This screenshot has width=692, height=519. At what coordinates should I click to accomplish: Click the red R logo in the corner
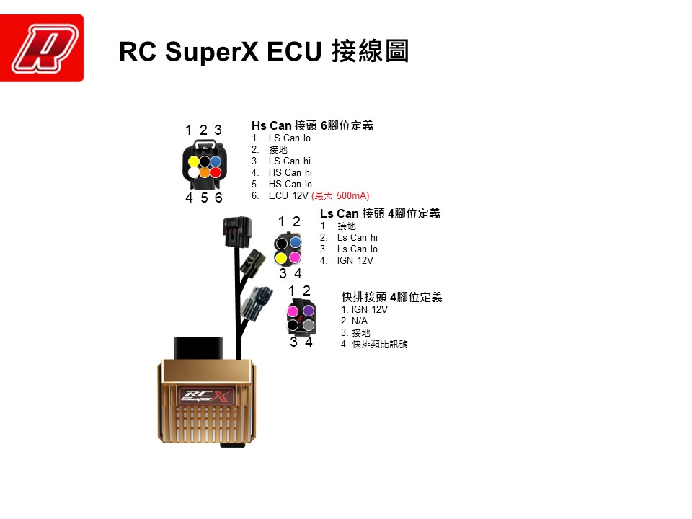pyautogui.click(x=42, y=48)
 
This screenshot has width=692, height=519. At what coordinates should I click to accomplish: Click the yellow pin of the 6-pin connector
pyautogui.click(x=194, y=161)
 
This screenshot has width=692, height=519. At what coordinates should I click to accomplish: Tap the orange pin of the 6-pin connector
pyautogui.click(x=204, y=172)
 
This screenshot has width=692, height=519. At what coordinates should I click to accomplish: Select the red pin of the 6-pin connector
pyautogui.click(x=216, y=172)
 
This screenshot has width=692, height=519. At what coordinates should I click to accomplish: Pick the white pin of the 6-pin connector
pyautogui.click(x=193, y=172)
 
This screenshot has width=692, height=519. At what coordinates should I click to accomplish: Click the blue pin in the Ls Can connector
pyautogui.click(x=296, y=242)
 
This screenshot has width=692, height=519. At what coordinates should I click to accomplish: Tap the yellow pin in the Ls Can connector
pyautogui.click(x=281, y=257)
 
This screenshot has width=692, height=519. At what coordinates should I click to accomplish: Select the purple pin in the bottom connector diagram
pyautogui.click(x=309, y=311)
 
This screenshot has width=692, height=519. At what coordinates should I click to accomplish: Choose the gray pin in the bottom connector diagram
pyautogui.click(x=309, y=326)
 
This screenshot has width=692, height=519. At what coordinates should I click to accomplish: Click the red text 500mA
pyautogui.click(x=352, y=195)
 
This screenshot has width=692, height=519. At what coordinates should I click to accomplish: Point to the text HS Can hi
pyautogui.click(x=290, y=172)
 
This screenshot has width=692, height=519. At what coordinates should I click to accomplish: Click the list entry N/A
pyautogui.click(x=359, y=321)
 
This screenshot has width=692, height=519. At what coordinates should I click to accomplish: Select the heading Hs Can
pyautogui.click(x=272, y=125)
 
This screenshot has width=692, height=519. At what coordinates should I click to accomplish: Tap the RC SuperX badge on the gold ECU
pyautogui.click(x=205, y=396)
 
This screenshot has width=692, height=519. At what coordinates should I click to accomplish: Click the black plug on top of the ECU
pyautogui.click(x=199, y=348)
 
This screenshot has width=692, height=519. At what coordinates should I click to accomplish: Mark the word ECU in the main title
pyautogui.click(x=294, y=51)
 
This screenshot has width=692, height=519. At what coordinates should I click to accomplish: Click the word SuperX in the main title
pyautogui.click(x=211, y=52)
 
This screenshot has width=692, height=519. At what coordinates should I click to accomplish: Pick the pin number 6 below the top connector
pyautogui.click(x=218, y=198)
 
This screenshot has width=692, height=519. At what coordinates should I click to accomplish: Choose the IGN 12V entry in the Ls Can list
pyautogui.click(x=355, y=261)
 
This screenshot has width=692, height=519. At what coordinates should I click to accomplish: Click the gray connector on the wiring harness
pyautogui.click(x=256, y=303)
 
